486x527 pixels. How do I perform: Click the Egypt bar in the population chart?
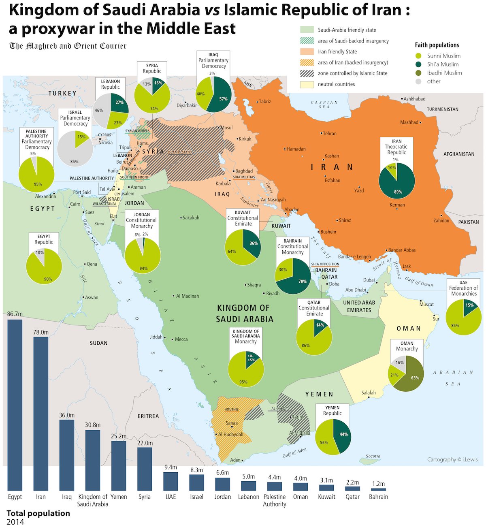15,405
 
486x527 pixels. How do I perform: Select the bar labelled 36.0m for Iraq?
67,454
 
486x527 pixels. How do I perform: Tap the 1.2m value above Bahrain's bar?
378,484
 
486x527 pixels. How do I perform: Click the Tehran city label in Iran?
330,133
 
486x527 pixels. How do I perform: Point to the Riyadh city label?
273,293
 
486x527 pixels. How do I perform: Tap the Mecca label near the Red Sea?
181,339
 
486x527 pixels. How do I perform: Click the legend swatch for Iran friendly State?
307,51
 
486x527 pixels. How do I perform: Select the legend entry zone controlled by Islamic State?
352,73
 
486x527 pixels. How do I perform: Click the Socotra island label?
373,456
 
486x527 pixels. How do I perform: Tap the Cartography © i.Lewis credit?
452,459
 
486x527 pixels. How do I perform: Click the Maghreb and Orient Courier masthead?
68,46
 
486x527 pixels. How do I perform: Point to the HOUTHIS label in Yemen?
232,409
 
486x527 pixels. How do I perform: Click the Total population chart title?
38,513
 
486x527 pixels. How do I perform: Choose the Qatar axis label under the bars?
352,497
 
